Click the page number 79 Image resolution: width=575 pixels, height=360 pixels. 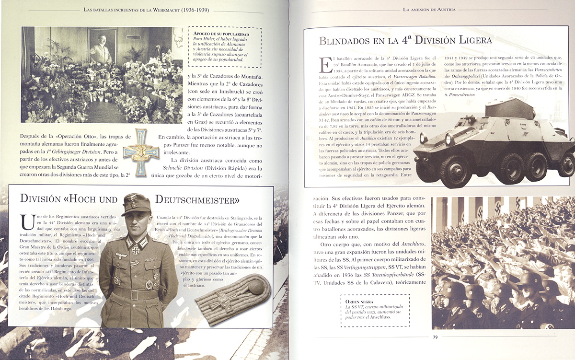tap(435, 337)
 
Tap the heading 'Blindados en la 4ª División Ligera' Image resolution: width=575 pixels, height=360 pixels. tap(405, 41)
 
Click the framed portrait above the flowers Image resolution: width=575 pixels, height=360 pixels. tap(102, 46)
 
